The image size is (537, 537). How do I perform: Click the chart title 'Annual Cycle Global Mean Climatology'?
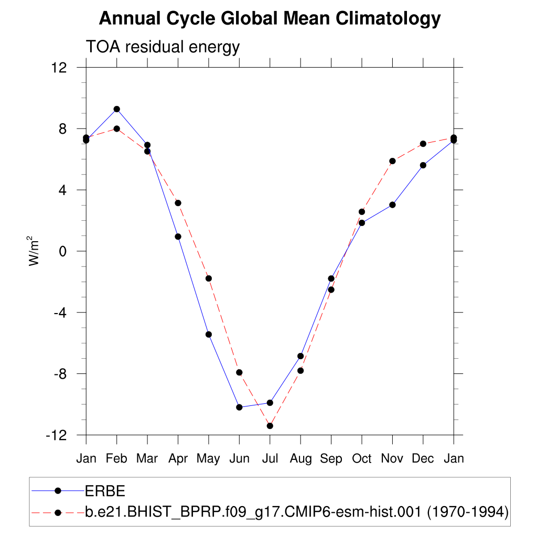(270, 19)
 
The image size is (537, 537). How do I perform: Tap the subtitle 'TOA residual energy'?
(163, 47)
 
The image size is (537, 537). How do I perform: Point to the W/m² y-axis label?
(35, 251)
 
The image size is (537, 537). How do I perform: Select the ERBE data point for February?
(117, 109)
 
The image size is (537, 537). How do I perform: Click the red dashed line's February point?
(117, 128)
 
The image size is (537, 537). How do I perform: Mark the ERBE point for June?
(239, 407)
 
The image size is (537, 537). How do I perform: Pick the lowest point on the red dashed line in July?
(270, 426)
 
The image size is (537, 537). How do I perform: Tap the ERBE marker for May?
(209, 334)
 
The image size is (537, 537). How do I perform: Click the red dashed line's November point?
(392, 161)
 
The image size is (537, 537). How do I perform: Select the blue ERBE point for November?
(392, 205)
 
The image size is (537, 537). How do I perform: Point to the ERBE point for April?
(178, 237)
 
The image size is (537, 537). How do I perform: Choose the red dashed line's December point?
(423, 144)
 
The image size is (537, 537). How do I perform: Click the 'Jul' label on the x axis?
(270, 459)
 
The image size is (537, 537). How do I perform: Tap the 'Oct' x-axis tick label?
(362, 459)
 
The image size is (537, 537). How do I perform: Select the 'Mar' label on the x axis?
(147, 459)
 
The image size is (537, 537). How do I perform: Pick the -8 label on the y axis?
(60, 374)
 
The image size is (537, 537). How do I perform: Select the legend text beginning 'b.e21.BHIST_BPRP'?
(297, 512)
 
